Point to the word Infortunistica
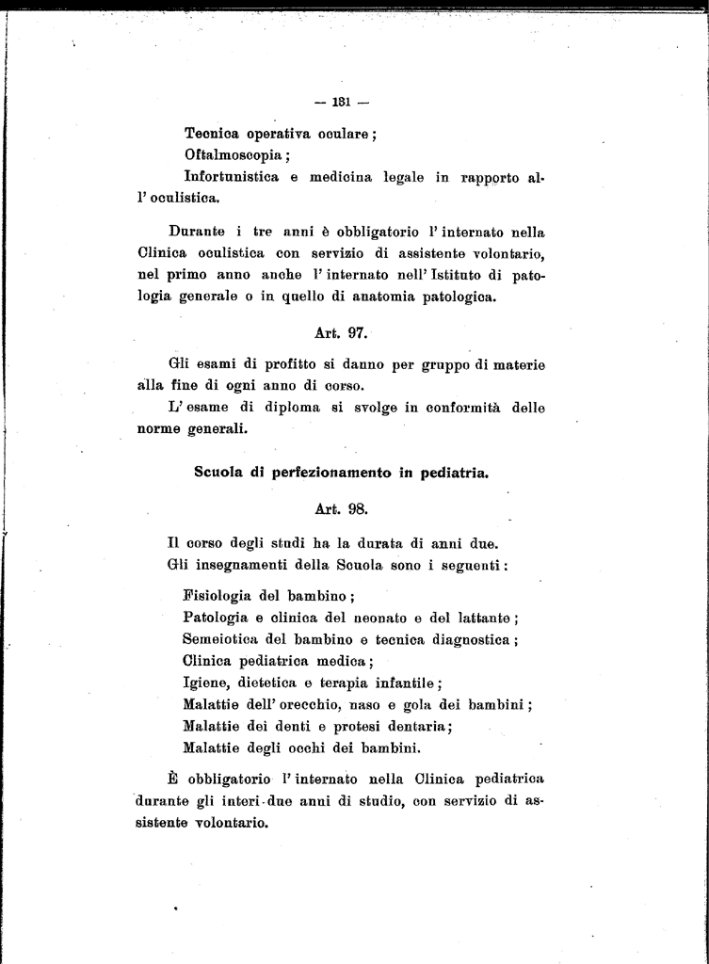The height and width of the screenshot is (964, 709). pyautogui.click(x=232, y=177)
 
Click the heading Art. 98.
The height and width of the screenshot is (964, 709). pyautogui.click(x=341, y=508)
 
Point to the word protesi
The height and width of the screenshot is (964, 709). pyautogui.click(x=348, y=727)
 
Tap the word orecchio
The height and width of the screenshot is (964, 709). pyautogui.click(x=310, y=705)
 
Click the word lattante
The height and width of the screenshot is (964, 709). pyautogui.click(x=481, y=619)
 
